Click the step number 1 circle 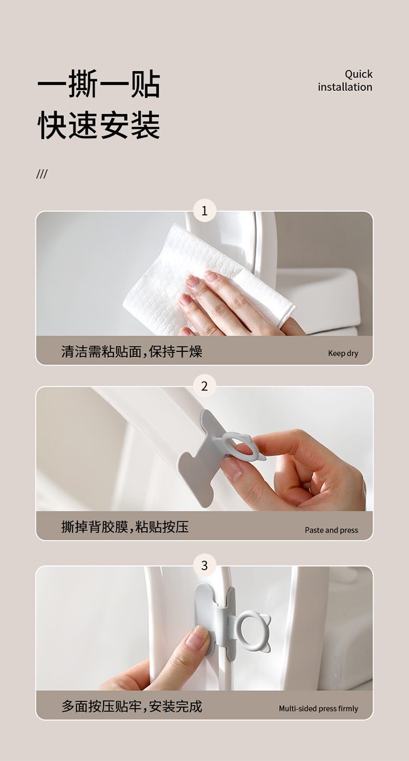point(204,211)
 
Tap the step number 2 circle point(204,386)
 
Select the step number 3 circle point(204,565)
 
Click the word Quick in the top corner point(358,75)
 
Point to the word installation point(345,87)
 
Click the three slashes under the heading point(42,174)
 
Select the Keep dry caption point(343,354)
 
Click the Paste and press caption point(331,530)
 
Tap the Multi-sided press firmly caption point(318,708)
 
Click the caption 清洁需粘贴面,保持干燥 point(131,351)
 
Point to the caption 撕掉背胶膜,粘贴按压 point(125,527)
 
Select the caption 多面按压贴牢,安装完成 point(131,707)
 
